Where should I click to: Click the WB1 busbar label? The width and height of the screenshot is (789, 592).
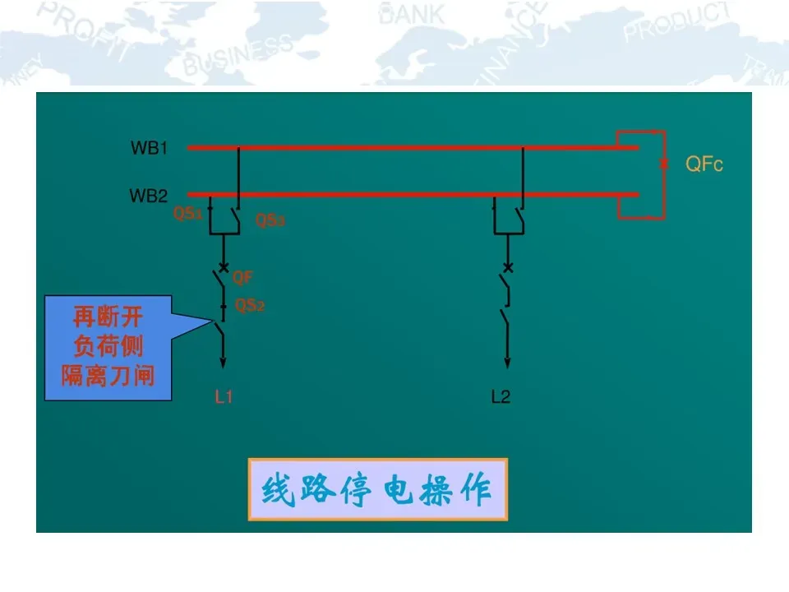(x=149, y=149)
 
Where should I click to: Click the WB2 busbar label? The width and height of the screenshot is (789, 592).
(x=149, y=197)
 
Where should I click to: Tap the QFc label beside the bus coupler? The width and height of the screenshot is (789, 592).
(x=704, y=164)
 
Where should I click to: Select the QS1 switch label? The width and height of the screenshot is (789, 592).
(x=187, y=214)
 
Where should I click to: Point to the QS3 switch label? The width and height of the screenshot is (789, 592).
(x=270, y=220)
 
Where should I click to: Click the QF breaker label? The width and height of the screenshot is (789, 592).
(x=242, y=278)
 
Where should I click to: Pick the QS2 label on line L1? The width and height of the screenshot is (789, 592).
(x=250, y=306)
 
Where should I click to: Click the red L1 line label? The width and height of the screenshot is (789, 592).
(x=224, y=398)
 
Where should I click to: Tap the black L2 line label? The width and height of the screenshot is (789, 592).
(x=501, y=398)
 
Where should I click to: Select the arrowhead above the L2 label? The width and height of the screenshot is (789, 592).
(x=507, y=362)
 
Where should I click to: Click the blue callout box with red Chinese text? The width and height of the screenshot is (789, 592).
(x=108, y=349)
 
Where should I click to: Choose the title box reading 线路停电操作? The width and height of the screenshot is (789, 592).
(x=377, y=490)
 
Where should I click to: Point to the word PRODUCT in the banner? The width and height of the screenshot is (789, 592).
(x=676, y=23)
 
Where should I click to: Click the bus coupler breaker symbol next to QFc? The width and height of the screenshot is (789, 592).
(x=663, y=164)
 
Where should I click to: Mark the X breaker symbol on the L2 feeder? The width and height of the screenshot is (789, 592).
(x=507, y=268)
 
